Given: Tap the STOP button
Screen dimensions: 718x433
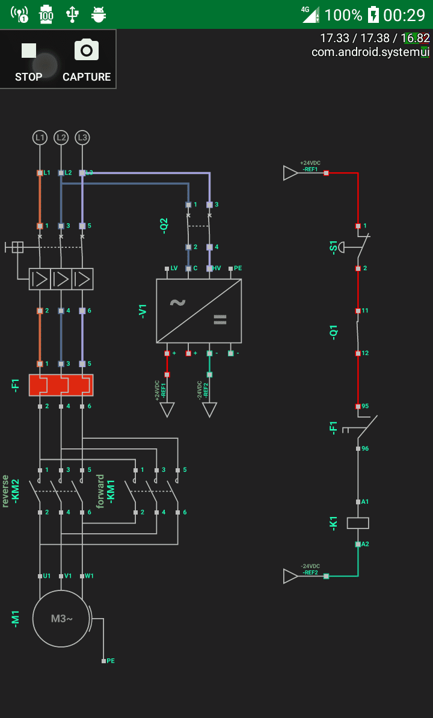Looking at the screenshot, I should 29,60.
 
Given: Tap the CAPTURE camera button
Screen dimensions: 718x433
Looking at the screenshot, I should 87,60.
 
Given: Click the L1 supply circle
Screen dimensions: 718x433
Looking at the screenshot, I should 40,138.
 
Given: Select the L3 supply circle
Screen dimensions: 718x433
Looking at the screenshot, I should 82,138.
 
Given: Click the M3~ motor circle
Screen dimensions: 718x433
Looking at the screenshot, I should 61,618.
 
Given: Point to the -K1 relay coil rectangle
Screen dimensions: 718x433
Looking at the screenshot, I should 358,522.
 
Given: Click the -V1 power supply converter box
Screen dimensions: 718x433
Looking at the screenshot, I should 198,311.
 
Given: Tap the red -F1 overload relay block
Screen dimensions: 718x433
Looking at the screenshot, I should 61,385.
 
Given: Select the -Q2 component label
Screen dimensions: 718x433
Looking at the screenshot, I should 164,226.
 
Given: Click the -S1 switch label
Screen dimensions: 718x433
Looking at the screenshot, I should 334,247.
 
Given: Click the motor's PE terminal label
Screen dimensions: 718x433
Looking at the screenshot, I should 111,661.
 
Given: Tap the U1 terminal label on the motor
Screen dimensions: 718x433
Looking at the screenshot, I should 47,576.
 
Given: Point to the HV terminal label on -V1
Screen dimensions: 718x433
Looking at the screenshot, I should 217,268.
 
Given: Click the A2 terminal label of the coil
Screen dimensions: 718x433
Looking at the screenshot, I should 365,544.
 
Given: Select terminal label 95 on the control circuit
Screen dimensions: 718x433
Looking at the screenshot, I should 365,406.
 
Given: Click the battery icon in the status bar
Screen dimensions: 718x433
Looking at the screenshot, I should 373,14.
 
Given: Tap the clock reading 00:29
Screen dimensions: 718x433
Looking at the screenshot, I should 404,14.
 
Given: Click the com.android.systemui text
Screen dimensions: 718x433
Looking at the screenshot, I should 370,52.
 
